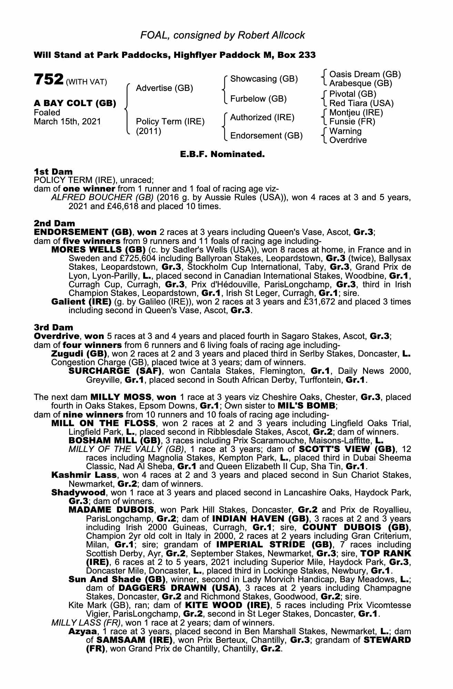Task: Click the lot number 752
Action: point(48,79)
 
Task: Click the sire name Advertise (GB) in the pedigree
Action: point(164,88)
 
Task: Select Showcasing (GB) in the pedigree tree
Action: point(264,79)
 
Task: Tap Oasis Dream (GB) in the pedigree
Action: point(365,74)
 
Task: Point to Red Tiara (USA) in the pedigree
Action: point(361,103)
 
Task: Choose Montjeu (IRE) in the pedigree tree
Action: point(356,112)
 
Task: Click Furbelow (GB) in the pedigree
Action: point(258,99)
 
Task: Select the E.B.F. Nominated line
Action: point(222,154)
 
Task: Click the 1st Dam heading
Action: point(53,171)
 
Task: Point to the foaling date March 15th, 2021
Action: point(67,122)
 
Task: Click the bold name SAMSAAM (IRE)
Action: point(134,640)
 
